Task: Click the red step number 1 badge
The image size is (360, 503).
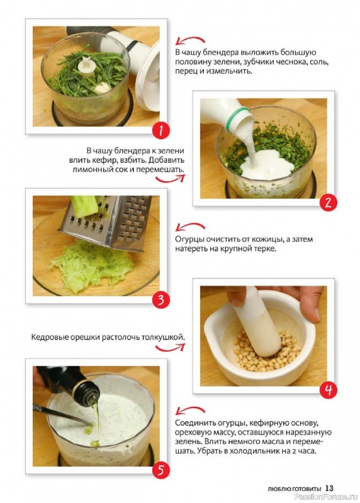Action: pos(160,130)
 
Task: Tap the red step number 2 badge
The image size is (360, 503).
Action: pos(328,202)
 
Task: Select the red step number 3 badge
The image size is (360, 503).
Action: pos(160,300)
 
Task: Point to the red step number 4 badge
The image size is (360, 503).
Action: pos(328,390)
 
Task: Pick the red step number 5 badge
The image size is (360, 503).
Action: pos(160,470)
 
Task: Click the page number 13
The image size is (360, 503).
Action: pos(329,488)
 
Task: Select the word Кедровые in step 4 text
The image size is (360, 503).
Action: pos(45,338)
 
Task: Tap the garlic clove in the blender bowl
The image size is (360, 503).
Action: pos(101,87)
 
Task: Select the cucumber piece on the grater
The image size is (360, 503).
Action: pos(84,205)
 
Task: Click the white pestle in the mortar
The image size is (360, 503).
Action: pos(257,324)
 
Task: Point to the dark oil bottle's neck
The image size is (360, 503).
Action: pos(87,390)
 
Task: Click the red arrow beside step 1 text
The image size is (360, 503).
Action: pos(189,40)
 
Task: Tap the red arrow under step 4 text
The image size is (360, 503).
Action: pos(170,348)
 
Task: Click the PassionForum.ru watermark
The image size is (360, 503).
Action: pos(325,497)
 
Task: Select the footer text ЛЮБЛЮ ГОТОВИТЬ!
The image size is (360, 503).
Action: pos(294,489)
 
